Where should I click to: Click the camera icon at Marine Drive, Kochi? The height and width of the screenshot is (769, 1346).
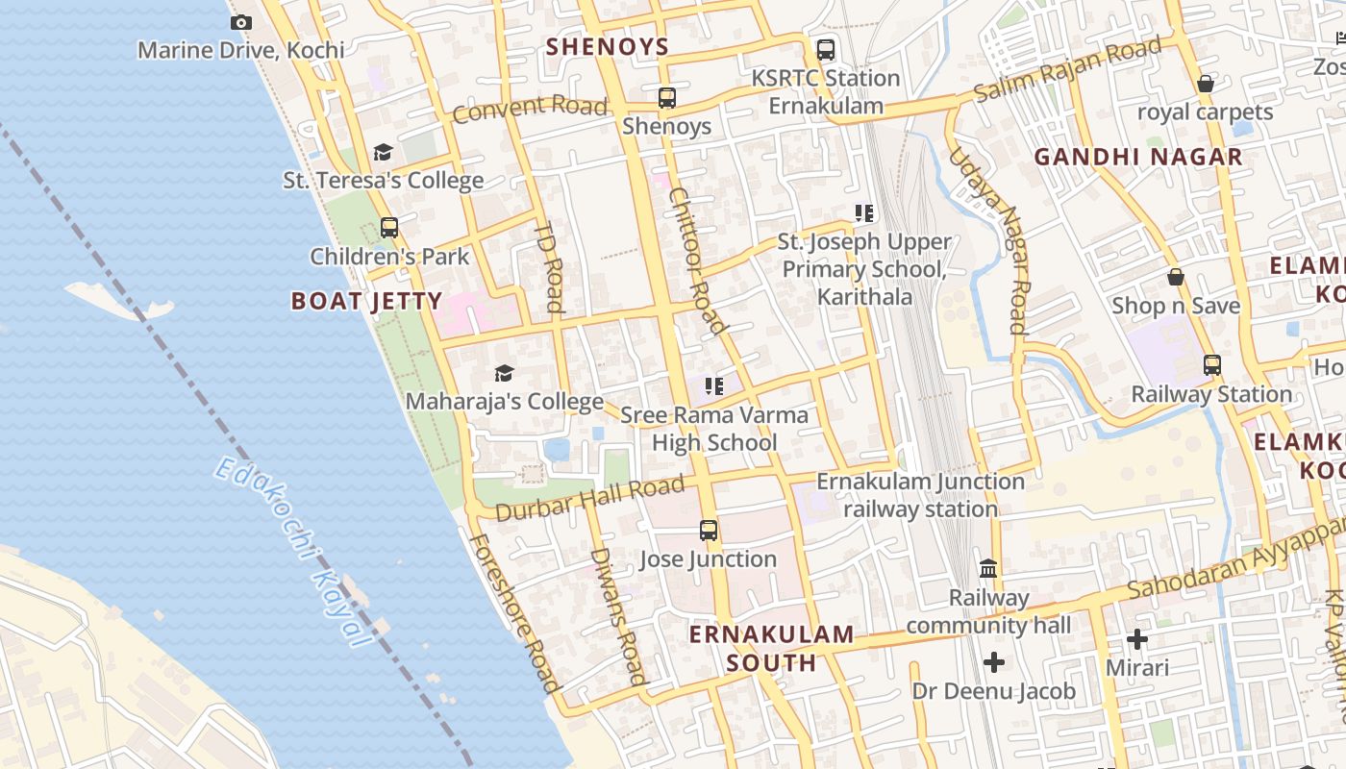click(x=241, y=22)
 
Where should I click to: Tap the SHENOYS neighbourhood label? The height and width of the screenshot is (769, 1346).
click(x=607, y=46)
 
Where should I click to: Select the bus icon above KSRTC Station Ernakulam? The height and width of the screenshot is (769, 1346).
click(x=825, y=50)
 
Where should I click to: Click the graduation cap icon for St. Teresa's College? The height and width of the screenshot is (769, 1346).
click(x=383, y=152)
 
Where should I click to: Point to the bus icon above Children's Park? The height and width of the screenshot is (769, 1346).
click(x=388, y=228)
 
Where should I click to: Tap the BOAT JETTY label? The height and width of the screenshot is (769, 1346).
click(x=366, y=301)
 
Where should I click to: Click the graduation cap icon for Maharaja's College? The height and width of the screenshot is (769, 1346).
click(x=504, y=373)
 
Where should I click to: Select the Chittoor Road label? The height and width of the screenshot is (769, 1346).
click(x=697, y=260)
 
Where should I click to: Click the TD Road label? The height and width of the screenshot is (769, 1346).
click(x=547, y=267)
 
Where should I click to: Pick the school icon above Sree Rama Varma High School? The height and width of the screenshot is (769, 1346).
click(x=713, y=386)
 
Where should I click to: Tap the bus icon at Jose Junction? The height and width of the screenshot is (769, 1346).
click(x=709, y=530)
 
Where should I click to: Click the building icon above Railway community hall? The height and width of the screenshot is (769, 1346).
click(x=988, y=568)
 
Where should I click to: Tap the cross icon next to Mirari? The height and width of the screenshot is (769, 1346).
click(x=1137, y=639)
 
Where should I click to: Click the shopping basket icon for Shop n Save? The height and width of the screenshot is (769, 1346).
click(x=1175, y=278)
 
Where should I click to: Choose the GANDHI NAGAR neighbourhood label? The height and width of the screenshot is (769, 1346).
click(x=1138, y=157)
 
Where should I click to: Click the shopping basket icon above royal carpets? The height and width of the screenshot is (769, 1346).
click(x=1205, y=84)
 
